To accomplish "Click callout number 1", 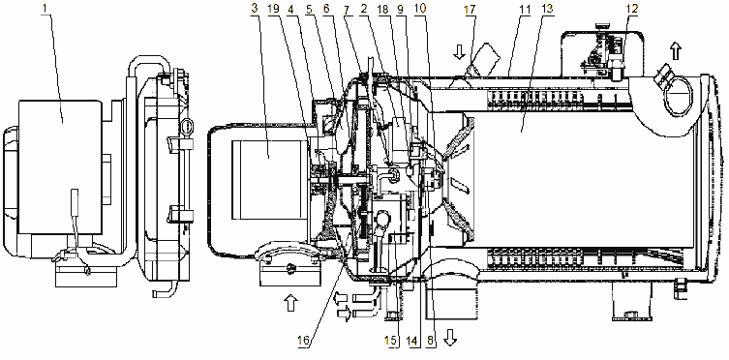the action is pyautogui.click(x=46, y=8).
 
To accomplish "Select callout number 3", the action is pyautogui.click(x=254, y=8).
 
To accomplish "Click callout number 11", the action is pyautogui.click(x=526, y=8).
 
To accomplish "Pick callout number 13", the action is pyautogui.click(x=548, y=8).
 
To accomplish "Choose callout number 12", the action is pyautogui.click(x=632, y=8).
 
